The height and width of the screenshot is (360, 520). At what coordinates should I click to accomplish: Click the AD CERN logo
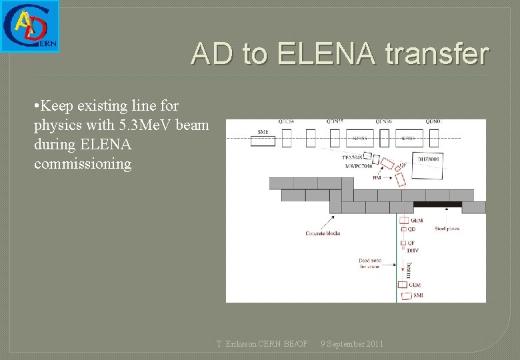[x=30, y=26]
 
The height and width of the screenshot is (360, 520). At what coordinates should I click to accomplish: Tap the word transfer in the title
[x=440, y=54]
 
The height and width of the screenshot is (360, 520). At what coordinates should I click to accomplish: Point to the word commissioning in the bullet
[x=83, y=163]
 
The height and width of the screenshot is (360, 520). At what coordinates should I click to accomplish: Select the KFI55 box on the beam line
[x=360, y=138]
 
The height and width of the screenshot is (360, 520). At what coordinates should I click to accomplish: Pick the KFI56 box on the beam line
[x=407, y=138]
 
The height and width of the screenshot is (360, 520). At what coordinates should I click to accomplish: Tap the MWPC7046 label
[x=357, y=166]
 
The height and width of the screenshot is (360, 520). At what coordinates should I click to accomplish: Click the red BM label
[x=377, y=178]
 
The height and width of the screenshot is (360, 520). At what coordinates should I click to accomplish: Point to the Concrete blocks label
[x=323, y=233]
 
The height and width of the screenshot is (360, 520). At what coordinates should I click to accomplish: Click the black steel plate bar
[x=437, y=205]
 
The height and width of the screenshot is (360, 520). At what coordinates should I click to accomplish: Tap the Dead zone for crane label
[x=369, y=263]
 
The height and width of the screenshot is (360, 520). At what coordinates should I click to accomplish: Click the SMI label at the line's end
[x=418, y=295]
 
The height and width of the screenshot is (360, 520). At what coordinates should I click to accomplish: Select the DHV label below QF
[x=413, y=250]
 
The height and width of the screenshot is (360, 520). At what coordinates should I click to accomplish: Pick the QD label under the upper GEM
[x=411, y=229]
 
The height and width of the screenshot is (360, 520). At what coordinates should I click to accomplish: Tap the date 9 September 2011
[x=352, y=344]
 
